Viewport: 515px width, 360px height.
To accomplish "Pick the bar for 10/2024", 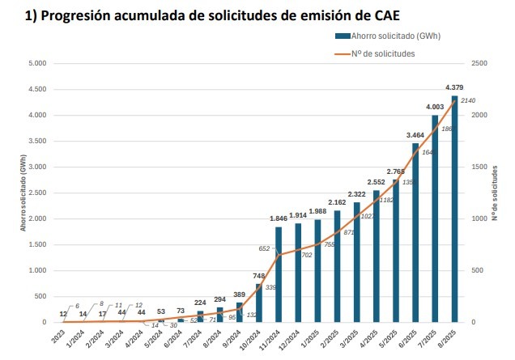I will [x=259, y=303].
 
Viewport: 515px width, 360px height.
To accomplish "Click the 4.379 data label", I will [x=454, y=87].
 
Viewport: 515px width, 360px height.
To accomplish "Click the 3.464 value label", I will [x=415, y=135].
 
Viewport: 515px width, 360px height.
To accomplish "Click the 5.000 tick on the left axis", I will [x=37, y=63].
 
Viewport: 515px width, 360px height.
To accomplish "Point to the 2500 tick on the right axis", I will [x=479, y=63].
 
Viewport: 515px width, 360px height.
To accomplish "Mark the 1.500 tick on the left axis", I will [x=37, y=244].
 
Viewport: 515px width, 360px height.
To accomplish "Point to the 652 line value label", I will [x=265, y=248].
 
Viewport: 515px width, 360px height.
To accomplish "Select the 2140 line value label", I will [x=467, y=100].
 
